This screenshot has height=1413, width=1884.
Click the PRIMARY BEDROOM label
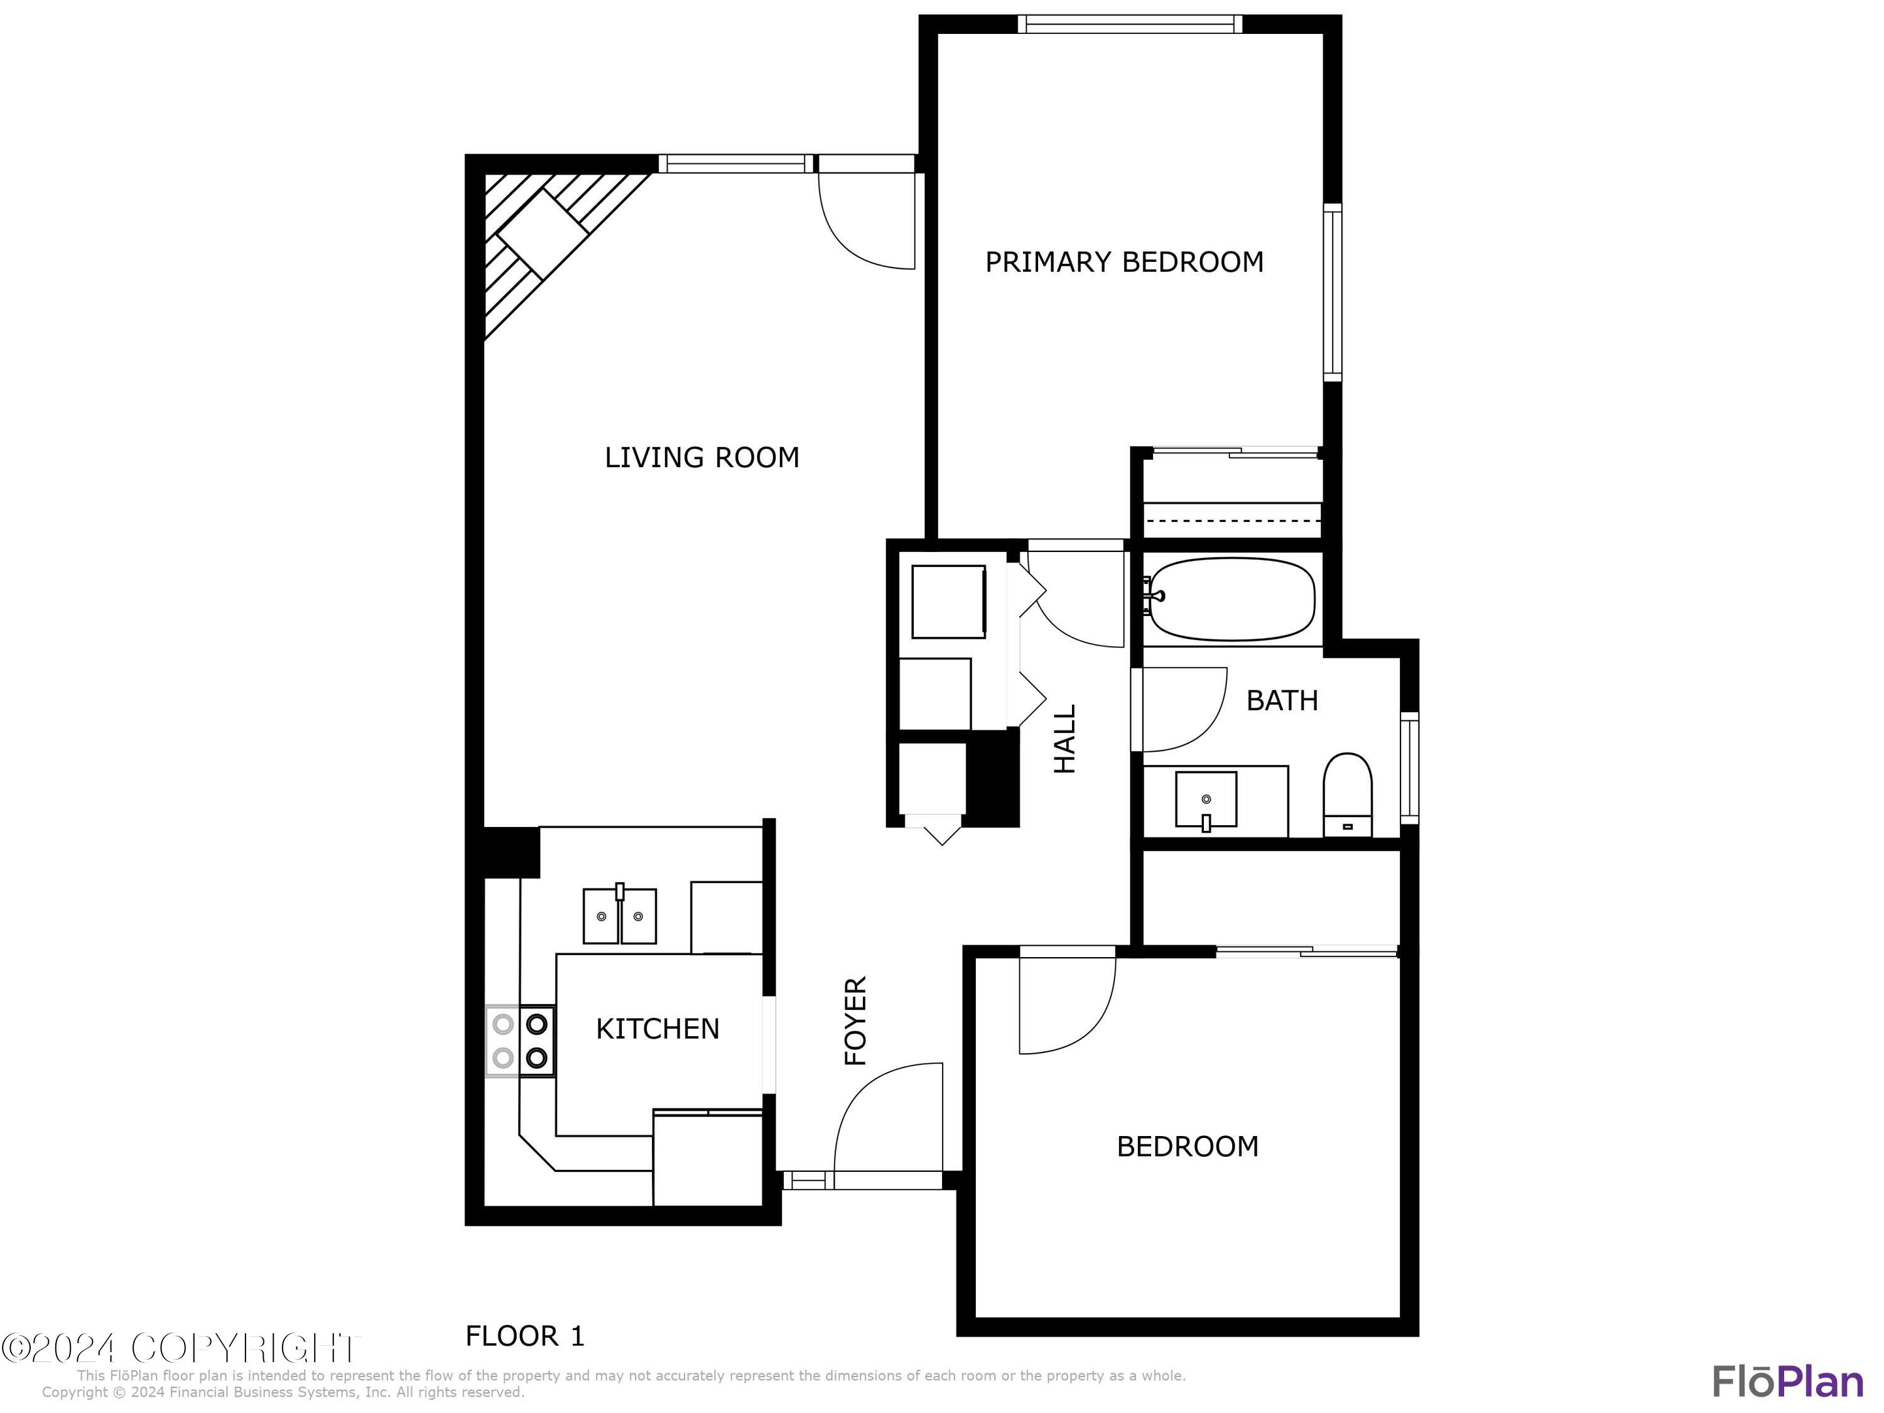coord(1123,261)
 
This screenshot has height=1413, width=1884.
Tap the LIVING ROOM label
coord(702,457)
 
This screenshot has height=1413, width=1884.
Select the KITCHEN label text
coord(658,1028)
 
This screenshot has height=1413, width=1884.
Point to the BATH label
coord(1282,700)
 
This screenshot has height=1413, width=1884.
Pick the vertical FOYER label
coord(855,1020)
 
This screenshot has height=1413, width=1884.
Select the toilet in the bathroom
coord(1348,792)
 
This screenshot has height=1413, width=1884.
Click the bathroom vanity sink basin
coord(1206,800)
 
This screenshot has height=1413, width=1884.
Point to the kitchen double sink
coord(619,916)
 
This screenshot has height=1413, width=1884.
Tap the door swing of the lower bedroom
coord(1064,1005)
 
